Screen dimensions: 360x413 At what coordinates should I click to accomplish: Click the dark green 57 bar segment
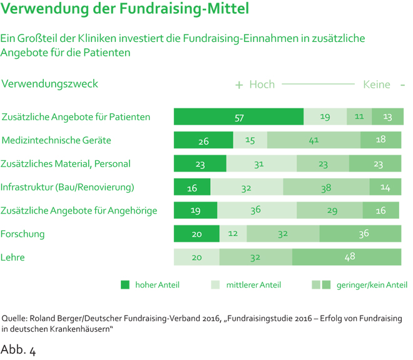coord(238,117)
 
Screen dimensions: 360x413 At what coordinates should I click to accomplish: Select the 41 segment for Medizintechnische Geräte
coord(314,140)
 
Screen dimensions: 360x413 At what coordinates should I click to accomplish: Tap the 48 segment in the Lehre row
coord(347,257)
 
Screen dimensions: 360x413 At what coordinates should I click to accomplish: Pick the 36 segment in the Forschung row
coord(360,234)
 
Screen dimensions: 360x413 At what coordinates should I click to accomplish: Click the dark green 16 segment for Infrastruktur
coord(192,187)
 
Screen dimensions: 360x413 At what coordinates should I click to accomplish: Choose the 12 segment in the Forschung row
coord(233,234)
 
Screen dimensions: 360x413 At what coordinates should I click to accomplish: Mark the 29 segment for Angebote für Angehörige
coord(330,210)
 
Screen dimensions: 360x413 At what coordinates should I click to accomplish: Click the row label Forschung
coord(23,234)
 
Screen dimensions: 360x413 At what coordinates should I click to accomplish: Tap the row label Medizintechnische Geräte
coord(57,140)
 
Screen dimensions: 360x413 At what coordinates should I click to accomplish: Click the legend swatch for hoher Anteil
coord(125,285)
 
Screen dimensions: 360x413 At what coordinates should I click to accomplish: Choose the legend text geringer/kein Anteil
coord(372,285)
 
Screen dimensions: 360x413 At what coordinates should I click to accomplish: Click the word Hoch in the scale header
coord(262,85)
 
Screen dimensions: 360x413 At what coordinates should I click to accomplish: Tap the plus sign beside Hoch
coord(238,85)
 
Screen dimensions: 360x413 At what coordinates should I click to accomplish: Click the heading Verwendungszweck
coord(50,83)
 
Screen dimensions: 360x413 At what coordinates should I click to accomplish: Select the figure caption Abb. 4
coord(18,349)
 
